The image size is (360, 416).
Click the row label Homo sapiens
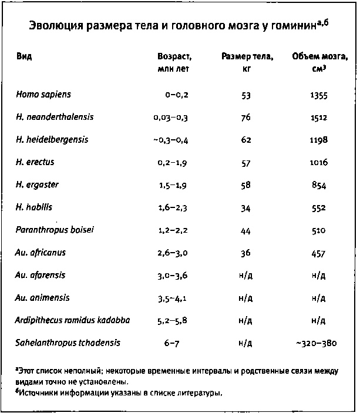pos(43,94)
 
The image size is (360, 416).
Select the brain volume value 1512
pos(319,118)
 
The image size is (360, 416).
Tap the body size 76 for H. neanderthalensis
pos(246,118)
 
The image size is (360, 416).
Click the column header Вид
pos(24,57)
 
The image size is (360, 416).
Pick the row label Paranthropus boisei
pos(55,230)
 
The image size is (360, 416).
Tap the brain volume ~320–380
pos(319,343)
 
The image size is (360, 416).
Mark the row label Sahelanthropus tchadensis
pos(63,343)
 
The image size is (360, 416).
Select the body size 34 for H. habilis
pos(246,208)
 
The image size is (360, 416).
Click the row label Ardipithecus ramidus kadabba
pos(73,320)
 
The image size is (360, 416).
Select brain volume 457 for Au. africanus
pos(319,253)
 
